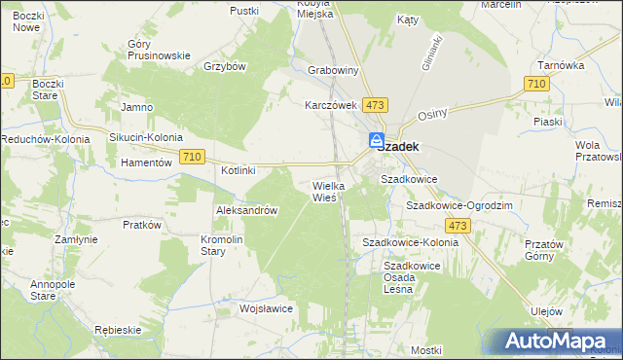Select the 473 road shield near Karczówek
[x=375, y=104]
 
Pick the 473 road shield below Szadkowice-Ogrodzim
[x=460, y=226]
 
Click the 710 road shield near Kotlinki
[x=192, y=157]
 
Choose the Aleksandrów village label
[x=247, y=211]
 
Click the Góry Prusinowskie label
[x=159, y=50]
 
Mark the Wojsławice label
[x=267, y=308]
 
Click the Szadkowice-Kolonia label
[x=410, y=241]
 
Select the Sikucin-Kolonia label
[x=146, y=138]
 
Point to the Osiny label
[x=431, y=114]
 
